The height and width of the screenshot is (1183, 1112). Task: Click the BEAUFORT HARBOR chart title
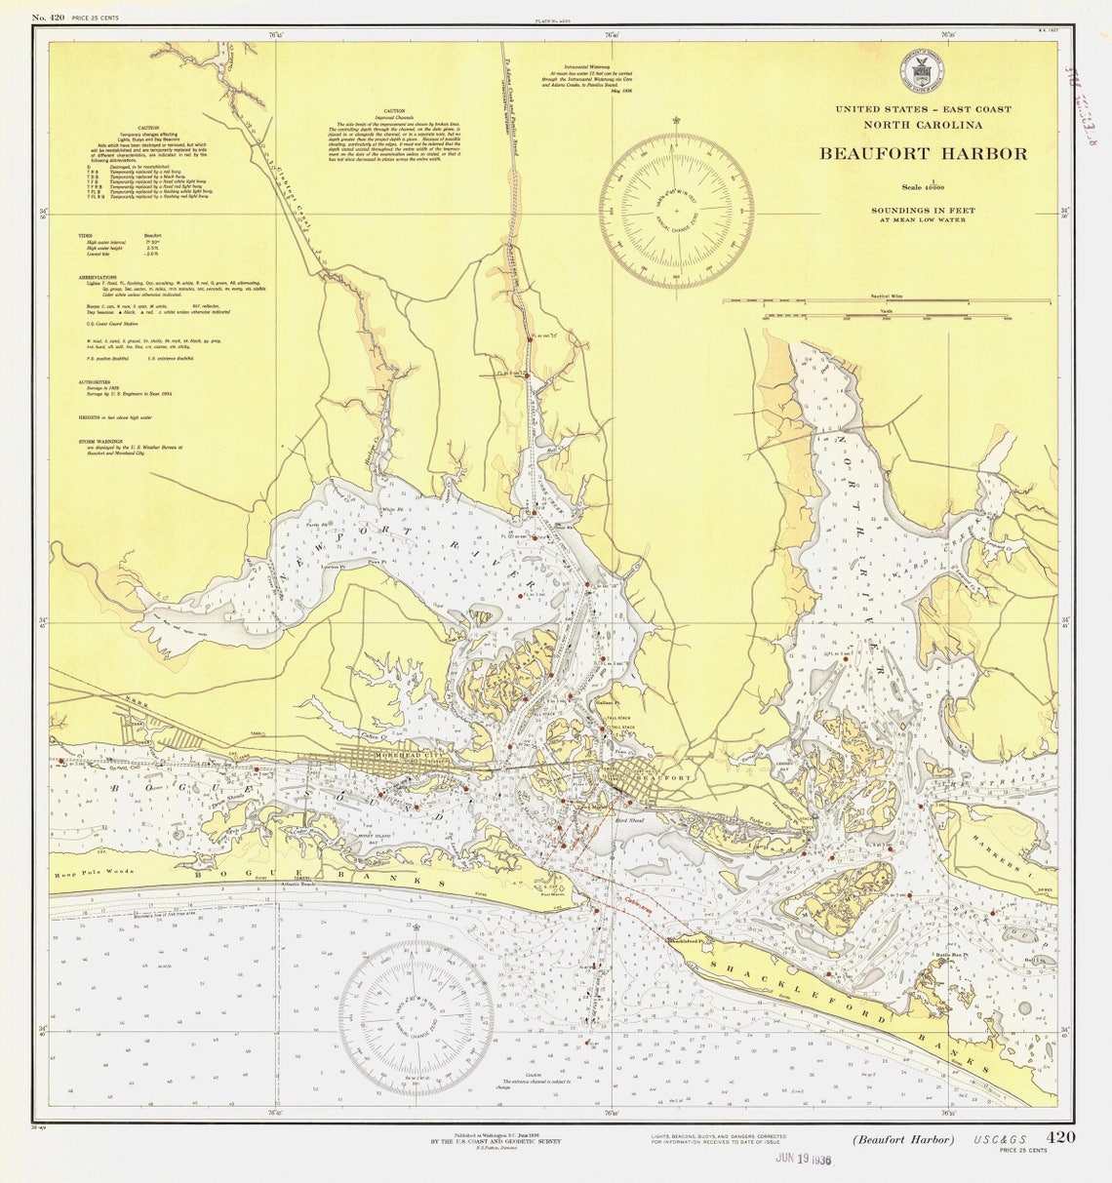click(x=922, y=153)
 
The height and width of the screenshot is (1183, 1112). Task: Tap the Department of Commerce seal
click(x=921, y=71)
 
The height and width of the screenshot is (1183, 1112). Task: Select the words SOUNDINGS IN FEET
click(x=923, y=211)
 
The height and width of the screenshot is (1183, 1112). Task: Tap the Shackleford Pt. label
click(x=692, y=940)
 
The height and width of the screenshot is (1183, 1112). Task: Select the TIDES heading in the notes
click(x=89, y=236)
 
